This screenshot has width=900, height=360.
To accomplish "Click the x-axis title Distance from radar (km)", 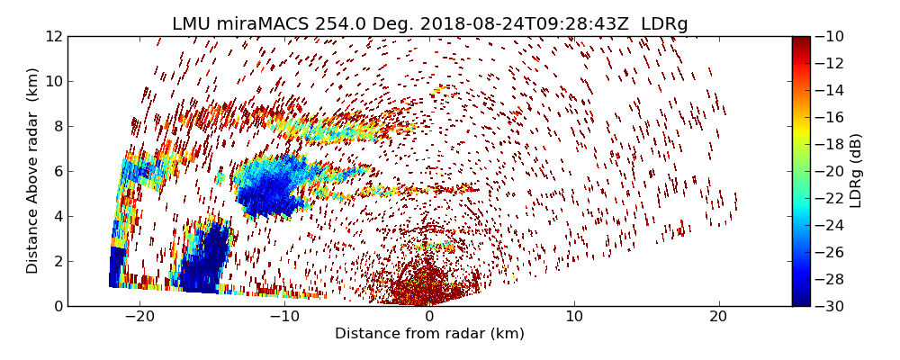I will tap(429, 334).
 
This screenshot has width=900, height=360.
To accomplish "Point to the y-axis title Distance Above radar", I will tap(33, 170).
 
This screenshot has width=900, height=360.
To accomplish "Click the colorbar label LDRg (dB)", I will tap(856, 170).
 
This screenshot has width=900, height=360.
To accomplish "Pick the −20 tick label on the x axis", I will tap(139, 317).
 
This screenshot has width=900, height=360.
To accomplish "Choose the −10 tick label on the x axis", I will tap(283, 317).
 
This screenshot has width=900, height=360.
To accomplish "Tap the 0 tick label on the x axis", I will tap(429, 317).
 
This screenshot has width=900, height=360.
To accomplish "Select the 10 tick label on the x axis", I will tap(574, 317).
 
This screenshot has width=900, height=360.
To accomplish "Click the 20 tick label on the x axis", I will tap(718, 317).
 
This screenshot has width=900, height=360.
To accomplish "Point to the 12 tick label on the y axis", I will tap(53, 37).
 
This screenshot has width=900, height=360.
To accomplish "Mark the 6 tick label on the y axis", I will tap(57, 171).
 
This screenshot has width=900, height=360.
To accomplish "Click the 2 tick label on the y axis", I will tap(57, 261).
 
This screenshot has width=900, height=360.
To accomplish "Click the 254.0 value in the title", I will tap(336, 24).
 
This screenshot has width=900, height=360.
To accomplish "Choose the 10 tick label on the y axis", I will tap(53, 81).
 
